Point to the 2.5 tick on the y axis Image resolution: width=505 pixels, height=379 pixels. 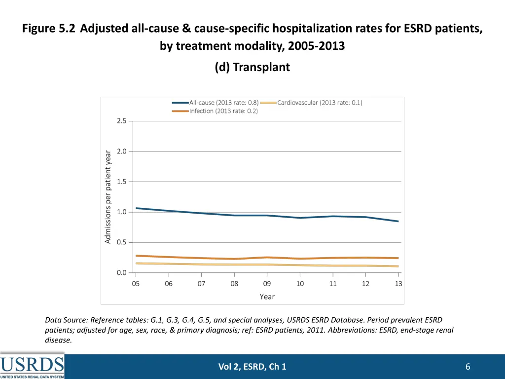coord(121,121)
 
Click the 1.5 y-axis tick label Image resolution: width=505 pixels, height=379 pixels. coord(121,182)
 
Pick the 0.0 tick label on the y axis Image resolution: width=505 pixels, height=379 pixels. coord(121,272)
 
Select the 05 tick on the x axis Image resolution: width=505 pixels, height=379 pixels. coord(136,284)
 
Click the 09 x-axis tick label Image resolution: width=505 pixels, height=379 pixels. coord(267,284)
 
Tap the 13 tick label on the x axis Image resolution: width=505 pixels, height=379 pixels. coord(398,284)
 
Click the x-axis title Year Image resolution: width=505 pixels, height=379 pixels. coord(267,297)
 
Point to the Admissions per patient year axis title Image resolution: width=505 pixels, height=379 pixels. coord(108,196)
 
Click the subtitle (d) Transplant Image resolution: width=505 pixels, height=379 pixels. coord(252,67)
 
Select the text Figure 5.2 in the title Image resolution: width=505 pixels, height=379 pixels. coord(48,29)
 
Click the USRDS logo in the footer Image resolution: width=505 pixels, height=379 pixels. coord(32,366)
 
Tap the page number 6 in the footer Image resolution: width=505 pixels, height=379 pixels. coord(468,366)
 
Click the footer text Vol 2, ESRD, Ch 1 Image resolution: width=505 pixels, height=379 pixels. coord(252,366)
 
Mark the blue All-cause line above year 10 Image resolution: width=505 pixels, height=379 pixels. coord(300,218)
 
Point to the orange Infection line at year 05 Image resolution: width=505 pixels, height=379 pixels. coord(136,256)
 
